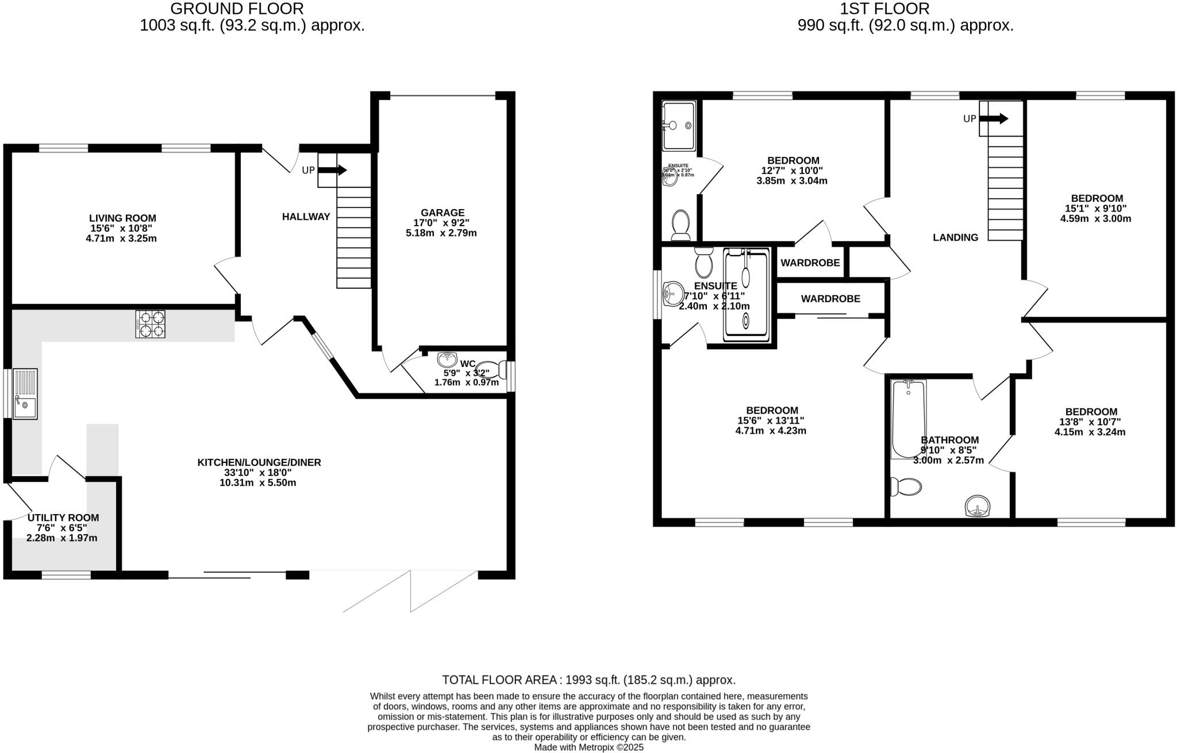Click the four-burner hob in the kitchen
[x=151, y=324]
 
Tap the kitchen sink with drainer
[x=25, y=394]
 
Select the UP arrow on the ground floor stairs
[x=332, y=170]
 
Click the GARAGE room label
[x=442, y=213]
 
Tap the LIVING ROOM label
[x=122, y=218]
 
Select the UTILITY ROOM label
[x=63, y=518]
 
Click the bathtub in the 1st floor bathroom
[x=908, y=419]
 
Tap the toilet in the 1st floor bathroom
[x=906, y=486]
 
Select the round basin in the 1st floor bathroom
[x=977, y=506]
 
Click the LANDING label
[x=955, y=237]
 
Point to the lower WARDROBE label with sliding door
[x=830, y=299]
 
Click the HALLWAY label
[x=306, y=217]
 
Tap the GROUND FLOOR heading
[x=237, y=9]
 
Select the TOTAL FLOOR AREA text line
[x=588, y=680]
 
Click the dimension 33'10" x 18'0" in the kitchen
[x=258, y=473]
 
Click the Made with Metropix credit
[x=588, y=747]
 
